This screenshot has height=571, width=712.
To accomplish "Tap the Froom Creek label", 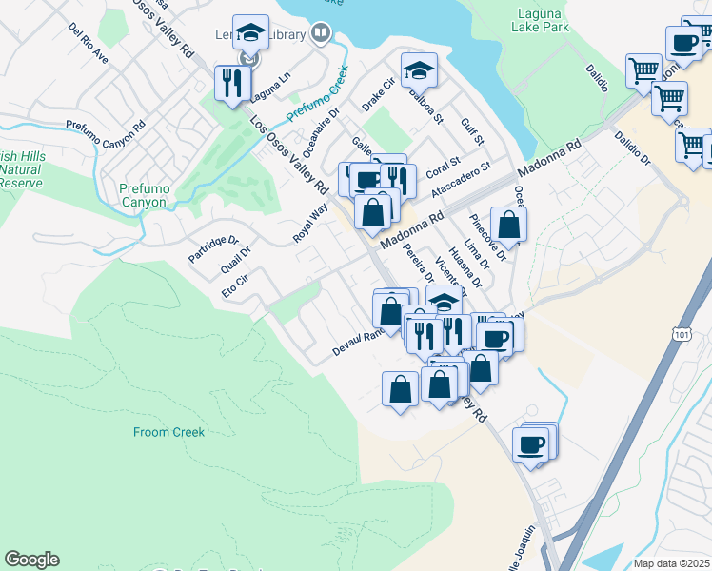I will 168,432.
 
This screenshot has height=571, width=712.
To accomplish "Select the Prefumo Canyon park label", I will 145,195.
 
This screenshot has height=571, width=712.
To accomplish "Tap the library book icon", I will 322,34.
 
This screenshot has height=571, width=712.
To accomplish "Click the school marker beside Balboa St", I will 418,69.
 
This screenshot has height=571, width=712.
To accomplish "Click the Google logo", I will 31,560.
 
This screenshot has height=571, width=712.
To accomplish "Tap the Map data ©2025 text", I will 672,563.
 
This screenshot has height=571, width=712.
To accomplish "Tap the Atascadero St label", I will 460,178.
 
